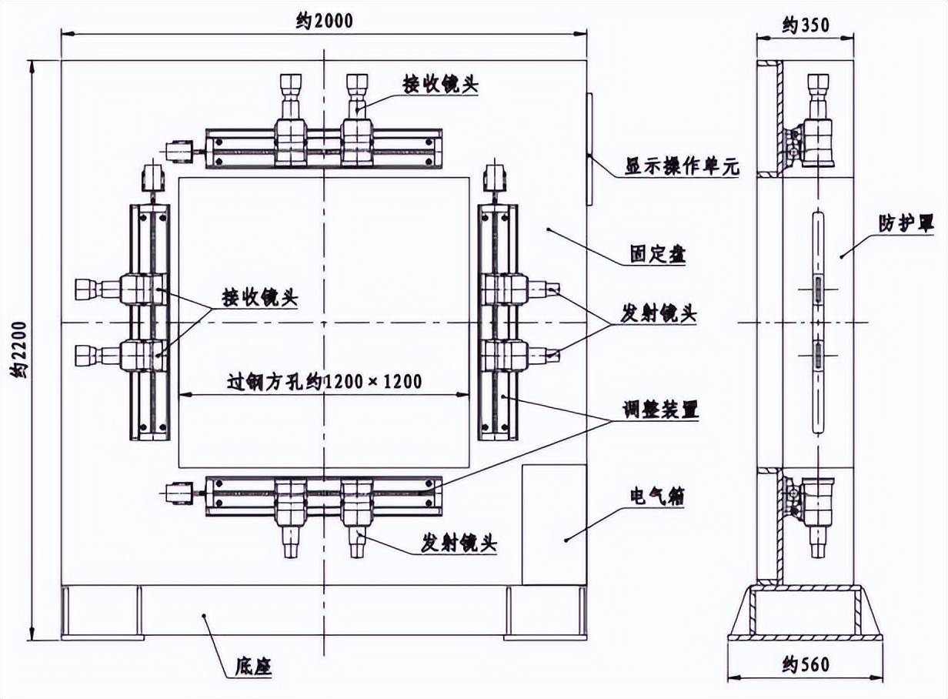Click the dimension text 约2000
click(324, 21)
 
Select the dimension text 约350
click(806, 25)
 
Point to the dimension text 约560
click(805, 663)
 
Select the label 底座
click(253, 665)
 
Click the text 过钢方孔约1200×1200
click(324, 381)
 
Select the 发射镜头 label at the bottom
click(459, 543)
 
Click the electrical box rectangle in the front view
click(554, 524)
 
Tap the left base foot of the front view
click(102, 612)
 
